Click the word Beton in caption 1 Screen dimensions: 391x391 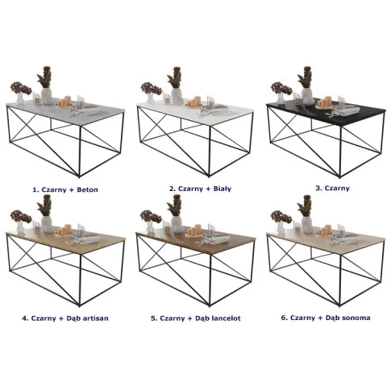[87, 189]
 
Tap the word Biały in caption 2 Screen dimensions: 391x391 [223, 189]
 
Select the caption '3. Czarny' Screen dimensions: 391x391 [332, 188]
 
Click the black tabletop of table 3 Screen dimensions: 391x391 [347, 113]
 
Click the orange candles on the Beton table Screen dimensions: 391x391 [64, 102]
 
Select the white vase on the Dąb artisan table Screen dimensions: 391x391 [47, 224]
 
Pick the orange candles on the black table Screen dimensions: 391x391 [324, 102]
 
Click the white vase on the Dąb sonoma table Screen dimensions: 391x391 [306, 224]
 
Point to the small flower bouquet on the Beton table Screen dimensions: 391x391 [21, 88]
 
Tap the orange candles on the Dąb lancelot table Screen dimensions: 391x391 [194, 231]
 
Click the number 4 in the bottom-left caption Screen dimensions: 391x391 [25, 318]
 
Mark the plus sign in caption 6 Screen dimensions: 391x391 [320, 318]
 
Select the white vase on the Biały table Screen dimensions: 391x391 [177, 96]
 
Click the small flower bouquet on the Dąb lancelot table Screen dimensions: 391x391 [151, 216]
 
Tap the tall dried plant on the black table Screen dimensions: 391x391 [305, 77]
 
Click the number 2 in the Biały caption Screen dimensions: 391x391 [172, 189]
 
